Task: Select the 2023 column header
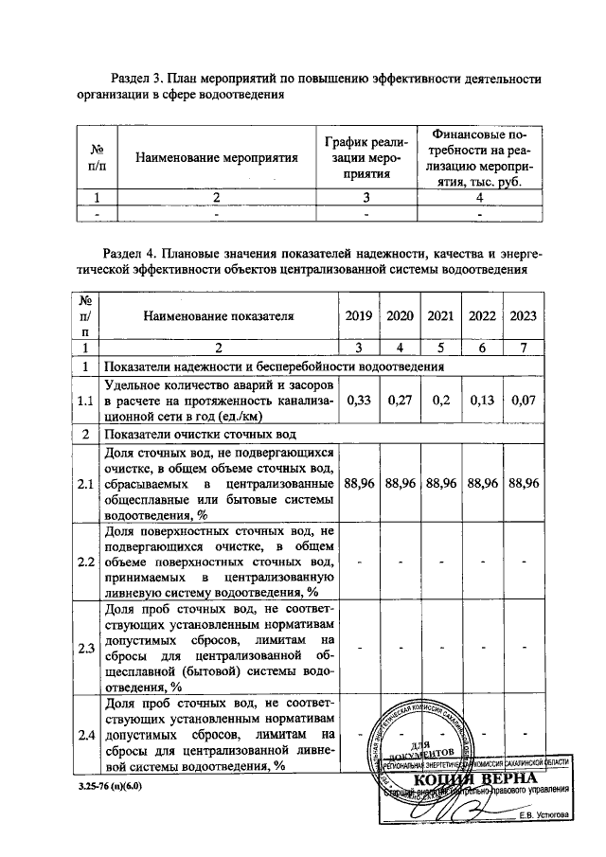coord(524,316)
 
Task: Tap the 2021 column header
coord(440,316)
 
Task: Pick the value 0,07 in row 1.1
coord(524,401)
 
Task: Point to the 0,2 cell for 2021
coord(440,401)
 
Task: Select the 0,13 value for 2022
coord(482,401)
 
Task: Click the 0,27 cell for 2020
coord(399,401)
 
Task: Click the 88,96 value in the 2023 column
coord(524,483)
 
